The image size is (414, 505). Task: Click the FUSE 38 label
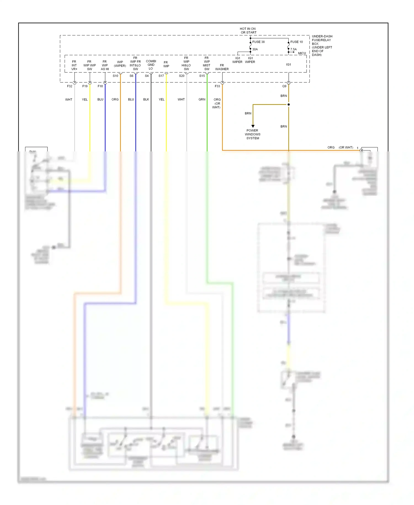(x=258, y=42)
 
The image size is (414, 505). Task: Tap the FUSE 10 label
(x=296, y=42)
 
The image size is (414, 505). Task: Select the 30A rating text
(x=255, y=49)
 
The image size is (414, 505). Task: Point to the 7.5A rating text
(x=293, y=49)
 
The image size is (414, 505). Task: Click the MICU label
(x=302, y=53)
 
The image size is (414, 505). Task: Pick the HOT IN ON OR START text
(x=248, y=31)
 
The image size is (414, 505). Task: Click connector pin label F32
(x=70, y=86)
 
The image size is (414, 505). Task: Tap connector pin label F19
(x=85, y=86)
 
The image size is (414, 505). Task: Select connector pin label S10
(x=115, y=76)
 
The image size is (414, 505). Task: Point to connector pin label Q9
(x=284, y=86)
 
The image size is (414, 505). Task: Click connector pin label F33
(x=217, y=86)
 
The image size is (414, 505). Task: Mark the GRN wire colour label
(x=202, y=99)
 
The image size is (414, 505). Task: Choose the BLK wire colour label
(x=146, y=99)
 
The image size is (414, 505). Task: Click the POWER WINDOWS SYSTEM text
(x=253, y=134)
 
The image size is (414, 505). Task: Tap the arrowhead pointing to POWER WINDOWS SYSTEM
(x=253, y=126)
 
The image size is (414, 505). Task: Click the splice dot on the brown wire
(x=289, y=105)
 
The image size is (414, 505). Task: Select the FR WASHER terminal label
(x=222, y=67)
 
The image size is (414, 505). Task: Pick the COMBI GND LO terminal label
(x=151, y=65)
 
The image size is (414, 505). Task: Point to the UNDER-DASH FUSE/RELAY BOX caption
(x=322, y=46)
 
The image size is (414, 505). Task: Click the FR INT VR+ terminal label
(x=74, y=65)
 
